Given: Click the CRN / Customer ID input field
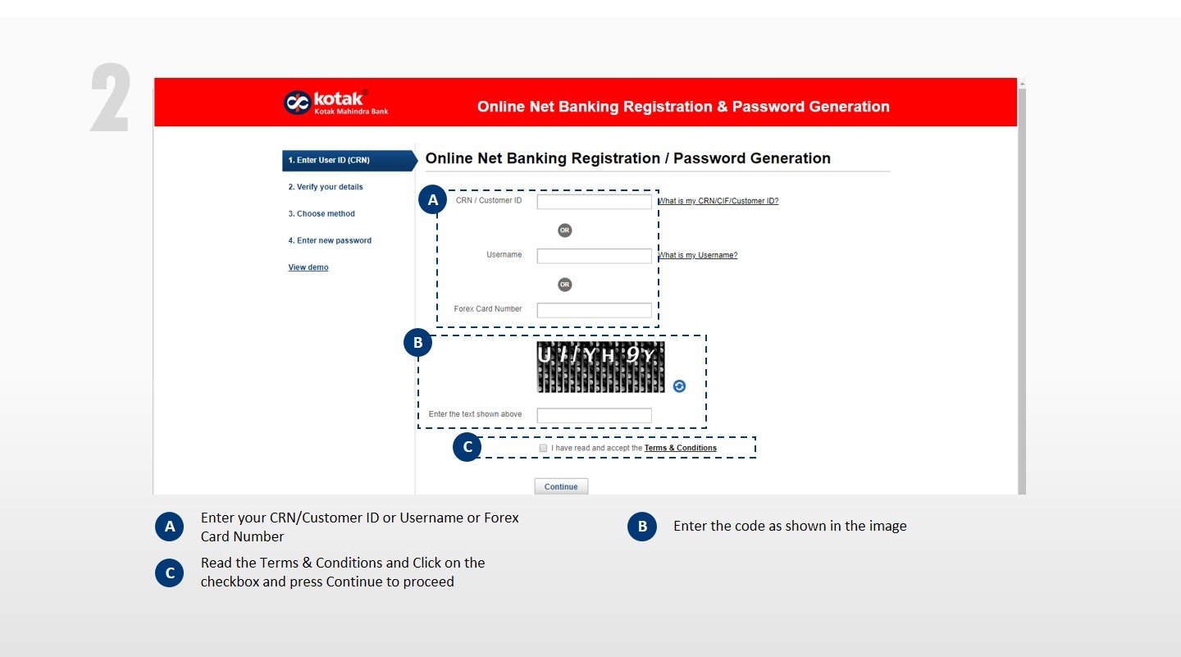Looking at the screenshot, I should [x=594, y=202].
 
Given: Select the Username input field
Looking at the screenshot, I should [x=594, y=256].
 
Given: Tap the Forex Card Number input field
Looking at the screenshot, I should [x=594, y=310].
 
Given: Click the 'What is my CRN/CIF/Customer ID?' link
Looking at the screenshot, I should [x=718, y=201].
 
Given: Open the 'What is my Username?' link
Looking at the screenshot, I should [x=697, y=255].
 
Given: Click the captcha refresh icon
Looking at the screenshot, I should [x=679, y=386].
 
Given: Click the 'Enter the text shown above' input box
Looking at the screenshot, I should [x=594, y=415].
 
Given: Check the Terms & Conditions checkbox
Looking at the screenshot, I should [x=543, y=448].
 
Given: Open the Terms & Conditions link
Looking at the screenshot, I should [x=680, y=449].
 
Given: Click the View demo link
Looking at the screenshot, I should [x=308, y=267].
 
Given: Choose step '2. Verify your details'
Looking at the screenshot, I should [x=326, y=187].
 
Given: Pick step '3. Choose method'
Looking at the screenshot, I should [x=321, y=214].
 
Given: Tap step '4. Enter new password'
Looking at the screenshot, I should [x=330, y=241].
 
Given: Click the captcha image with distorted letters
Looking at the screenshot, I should [x=600, y=367].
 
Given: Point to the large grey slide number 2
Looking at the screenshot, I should [x=110, y=98].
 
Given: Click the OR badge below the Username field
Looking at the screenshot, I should [x=564, y=285].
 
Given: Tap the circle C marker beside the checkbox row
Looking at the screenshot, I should [x=467, y=447].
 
